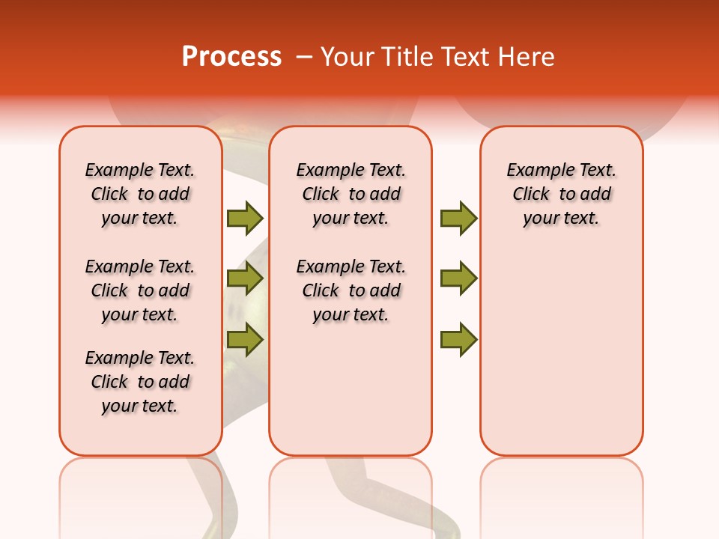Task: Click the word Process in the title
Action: [x=231, y=57]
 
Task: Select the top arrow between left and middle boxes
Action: [x=245, y=218]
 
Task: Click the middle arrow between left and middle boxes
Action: [x=245, y=279]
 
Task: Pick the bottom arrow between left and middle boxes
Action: [x=245, y=339]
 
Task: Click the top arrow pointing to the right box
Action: [x=458, y=218]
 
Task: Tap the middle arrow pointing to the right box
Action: [x=458, y=279]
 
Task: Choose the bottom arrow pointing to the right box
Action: [x=458, y=339]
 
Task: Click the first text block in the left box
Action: [x=140, y=194]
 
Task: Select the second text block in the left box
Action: [x=140, y=290]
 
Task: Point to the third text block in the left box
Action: [x=140, y=382]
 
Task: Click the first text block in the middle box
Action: [x=351, y=194]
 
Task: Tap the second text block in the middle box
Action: [x=351, y=290]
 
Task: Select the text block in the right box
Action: [x=562, y=194]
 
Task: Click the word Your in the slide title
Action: [x=348, y=57]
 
